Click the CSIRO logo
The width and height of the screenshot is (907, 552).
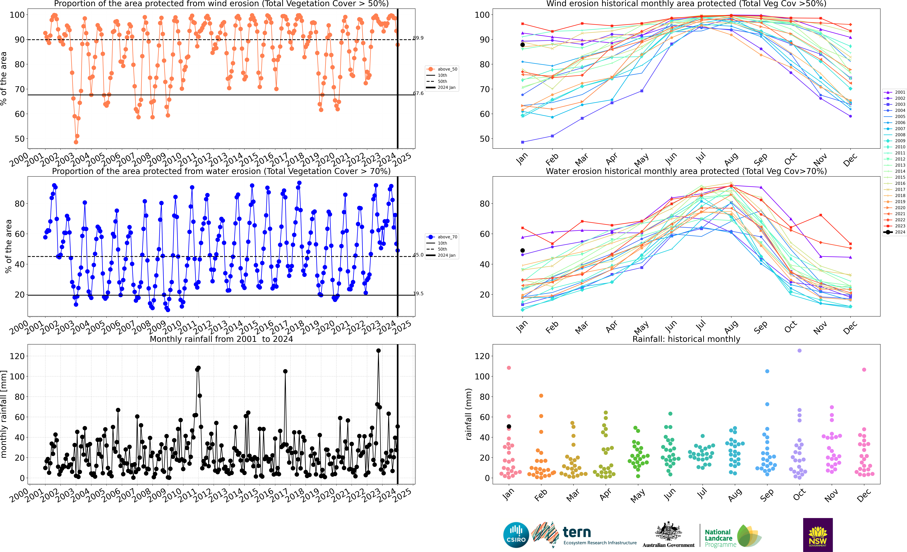click(x=516, y=535)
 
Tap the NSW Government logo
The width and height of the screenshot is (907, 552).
click(x=818, y=535)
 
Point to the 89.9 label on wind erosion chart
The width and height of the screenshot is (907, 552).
click(x=418, y=38)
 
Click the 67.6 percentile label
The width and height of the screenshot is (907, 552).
click(x=418, y=93)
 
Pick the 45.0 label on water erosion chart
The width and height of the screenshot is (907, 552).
click(x=418, y=255)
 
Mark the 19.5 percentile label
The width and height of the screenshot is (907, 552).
click(x=418, y=294)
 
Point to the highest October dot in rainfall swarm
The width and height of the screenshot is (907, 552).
click(x=799, y=351)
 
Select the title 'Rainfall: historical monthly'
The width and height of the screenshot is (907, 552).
click(x=686, y=339)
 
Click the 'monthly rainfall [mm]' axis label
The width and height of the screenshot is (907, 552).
click(x=4, y=414)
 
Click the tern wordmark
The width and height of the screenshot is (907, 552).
click(x=577, y=532)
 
